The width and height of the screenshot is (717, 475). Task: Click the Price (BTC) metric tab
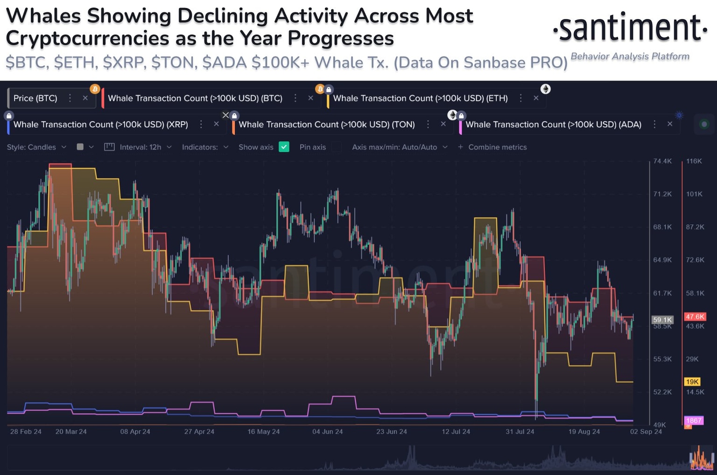point(35,98)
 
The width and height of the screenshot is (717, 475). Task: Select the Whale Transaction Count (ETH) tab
point(420,98)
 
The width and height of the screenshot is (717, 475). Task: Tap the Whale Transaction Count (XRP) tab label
point(101,124)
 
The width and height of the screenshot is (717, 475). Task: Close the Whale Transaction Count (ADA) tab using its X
point(670,124)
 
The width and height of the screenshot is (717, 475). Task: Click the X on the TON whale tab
point(443,124)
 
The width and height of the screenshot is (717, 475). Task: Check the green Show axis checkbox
point(284,147)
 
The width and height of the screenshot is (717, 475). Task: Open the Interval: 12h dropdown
point(140,147)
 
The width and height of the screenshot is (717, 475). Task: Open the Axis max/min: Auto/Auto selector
point(400,147)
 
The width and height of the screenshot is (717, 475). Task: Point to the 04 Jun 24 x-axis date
point(327,432)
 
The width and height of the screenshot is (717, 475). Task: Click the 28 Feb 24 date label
point(26,432)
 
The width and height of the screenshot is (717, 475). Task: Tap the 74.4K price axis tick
point(662,161)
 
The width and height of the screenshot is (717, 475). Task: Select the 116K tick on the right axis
point(694,161)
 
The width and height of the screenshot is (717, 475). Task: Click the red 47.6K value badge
point(695,317)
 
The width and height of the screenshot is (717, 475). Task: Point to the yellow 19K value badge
point(692,382)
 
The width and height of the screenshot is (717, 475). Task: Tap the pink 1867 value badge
point(693,420)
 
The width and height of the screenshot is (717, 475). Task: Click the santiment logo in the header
point(630,28)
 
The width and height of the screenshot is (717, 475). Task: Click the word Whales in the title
point(43,16)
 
